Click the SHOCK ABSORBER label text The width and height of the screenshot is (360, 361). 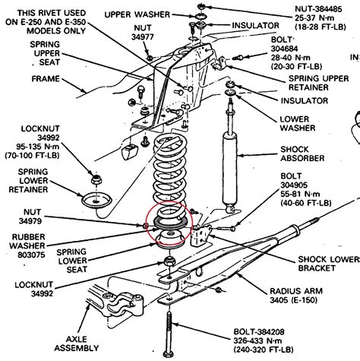pyautogui.click(x=302, y=154)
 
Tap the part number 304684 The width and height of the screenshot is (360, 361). pyautogui.click(x=284, y=49)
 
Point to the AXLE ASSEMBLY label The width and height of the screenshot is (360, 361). pyautogui.click(x=76, y=344)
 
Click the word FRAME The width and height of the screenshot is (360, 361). pyautogui.click(x=46, y=79)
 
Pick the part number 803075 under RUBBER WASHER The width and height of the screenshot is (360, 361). pyautogui.click(x=31, y=255)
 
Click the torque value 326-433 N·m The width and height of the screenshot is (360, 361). pyautogui.click(x=257, y=340)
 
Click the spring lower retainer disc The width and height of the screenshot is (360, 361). pyautogui.click(x=96, y=201)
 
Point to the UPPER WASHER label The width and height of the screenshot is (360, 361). pyautogui.click(x=137, y=14)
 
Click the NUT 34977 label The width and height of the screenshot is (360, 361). pyautogui.click(x=143, y=33)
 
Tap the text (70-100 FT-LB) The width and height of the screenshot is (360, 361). pyautogui.click(x=32, y=155)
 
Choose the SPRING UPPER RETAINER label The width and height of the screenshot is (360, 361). pyautogui.click(x=318, y=83)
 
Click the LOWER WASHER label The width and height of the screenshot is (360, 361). pyautogui.click(x=298, y=124)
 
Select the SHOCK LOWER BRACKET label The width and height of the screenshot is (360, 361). pyautogui.click(x=329, y=264)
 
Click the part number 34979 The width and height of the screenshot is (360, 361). pyautogui.click(x=30, y=221)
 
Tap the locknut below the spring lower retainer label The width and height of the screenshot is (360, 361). pyautogui.click(x=96, y=179)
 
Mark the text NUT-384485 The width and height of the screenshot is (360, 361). pyautogui.click(x=318, y=9)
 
